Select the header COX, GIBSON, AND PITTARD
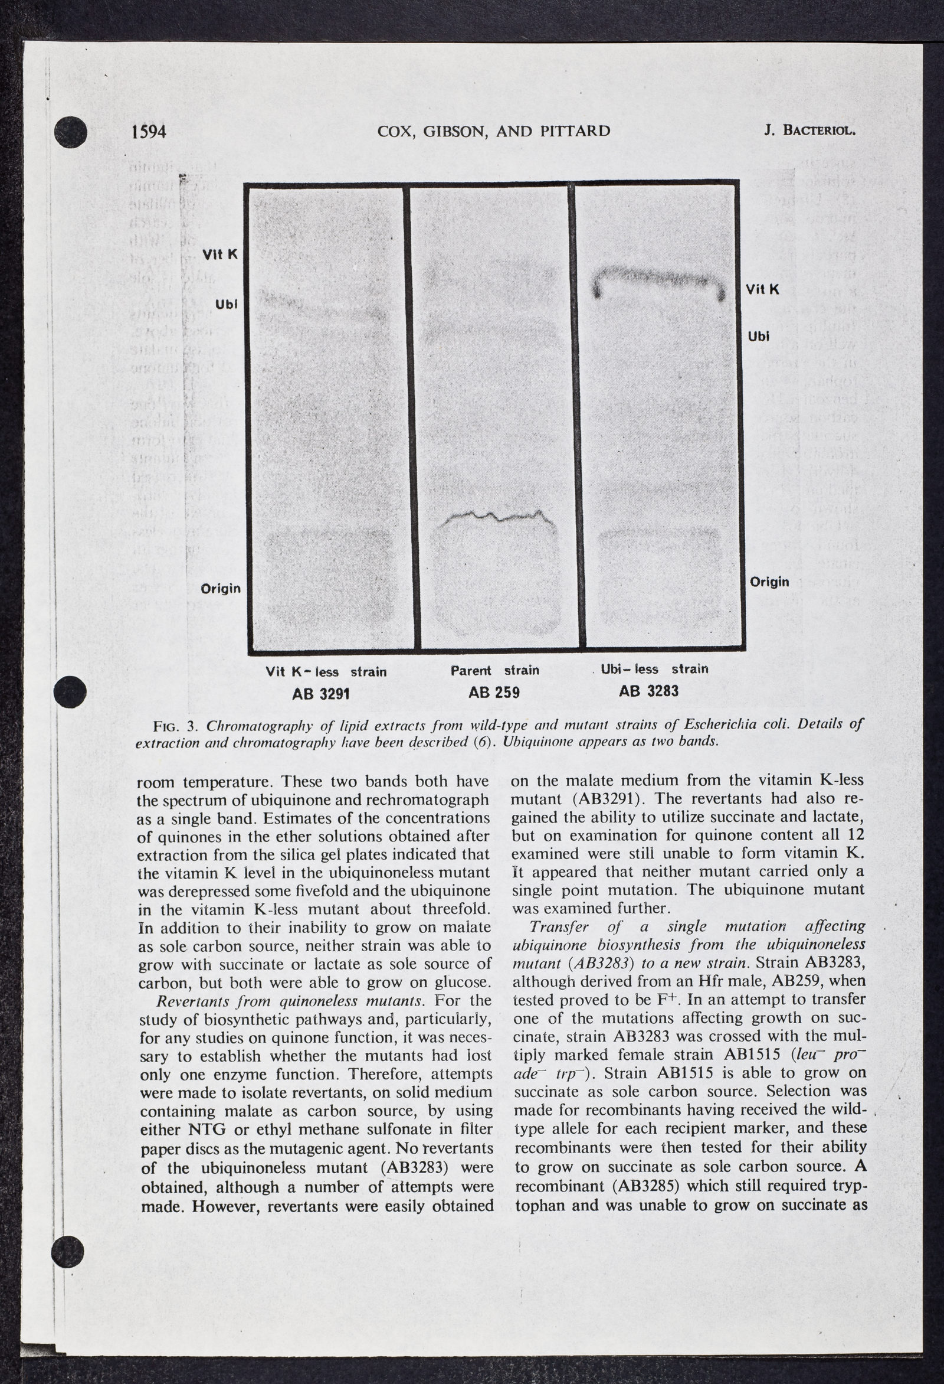pos(493,131)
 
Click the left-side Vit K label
pos(220,254)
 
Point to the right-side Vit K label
pos(762,289)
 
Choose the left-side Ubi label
pos(226,303)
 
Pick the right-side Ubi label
pos(759,337)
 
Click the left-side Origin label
pos(221,589)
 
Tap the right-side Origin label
pos(769,581)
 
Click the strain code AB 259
pos(494,692)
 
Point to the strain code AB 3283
pos(649,691)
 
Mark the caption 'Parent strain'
pos(494,670)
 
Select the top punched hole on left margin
pos(71,132)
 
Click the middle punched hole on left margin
pos(70,692)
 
